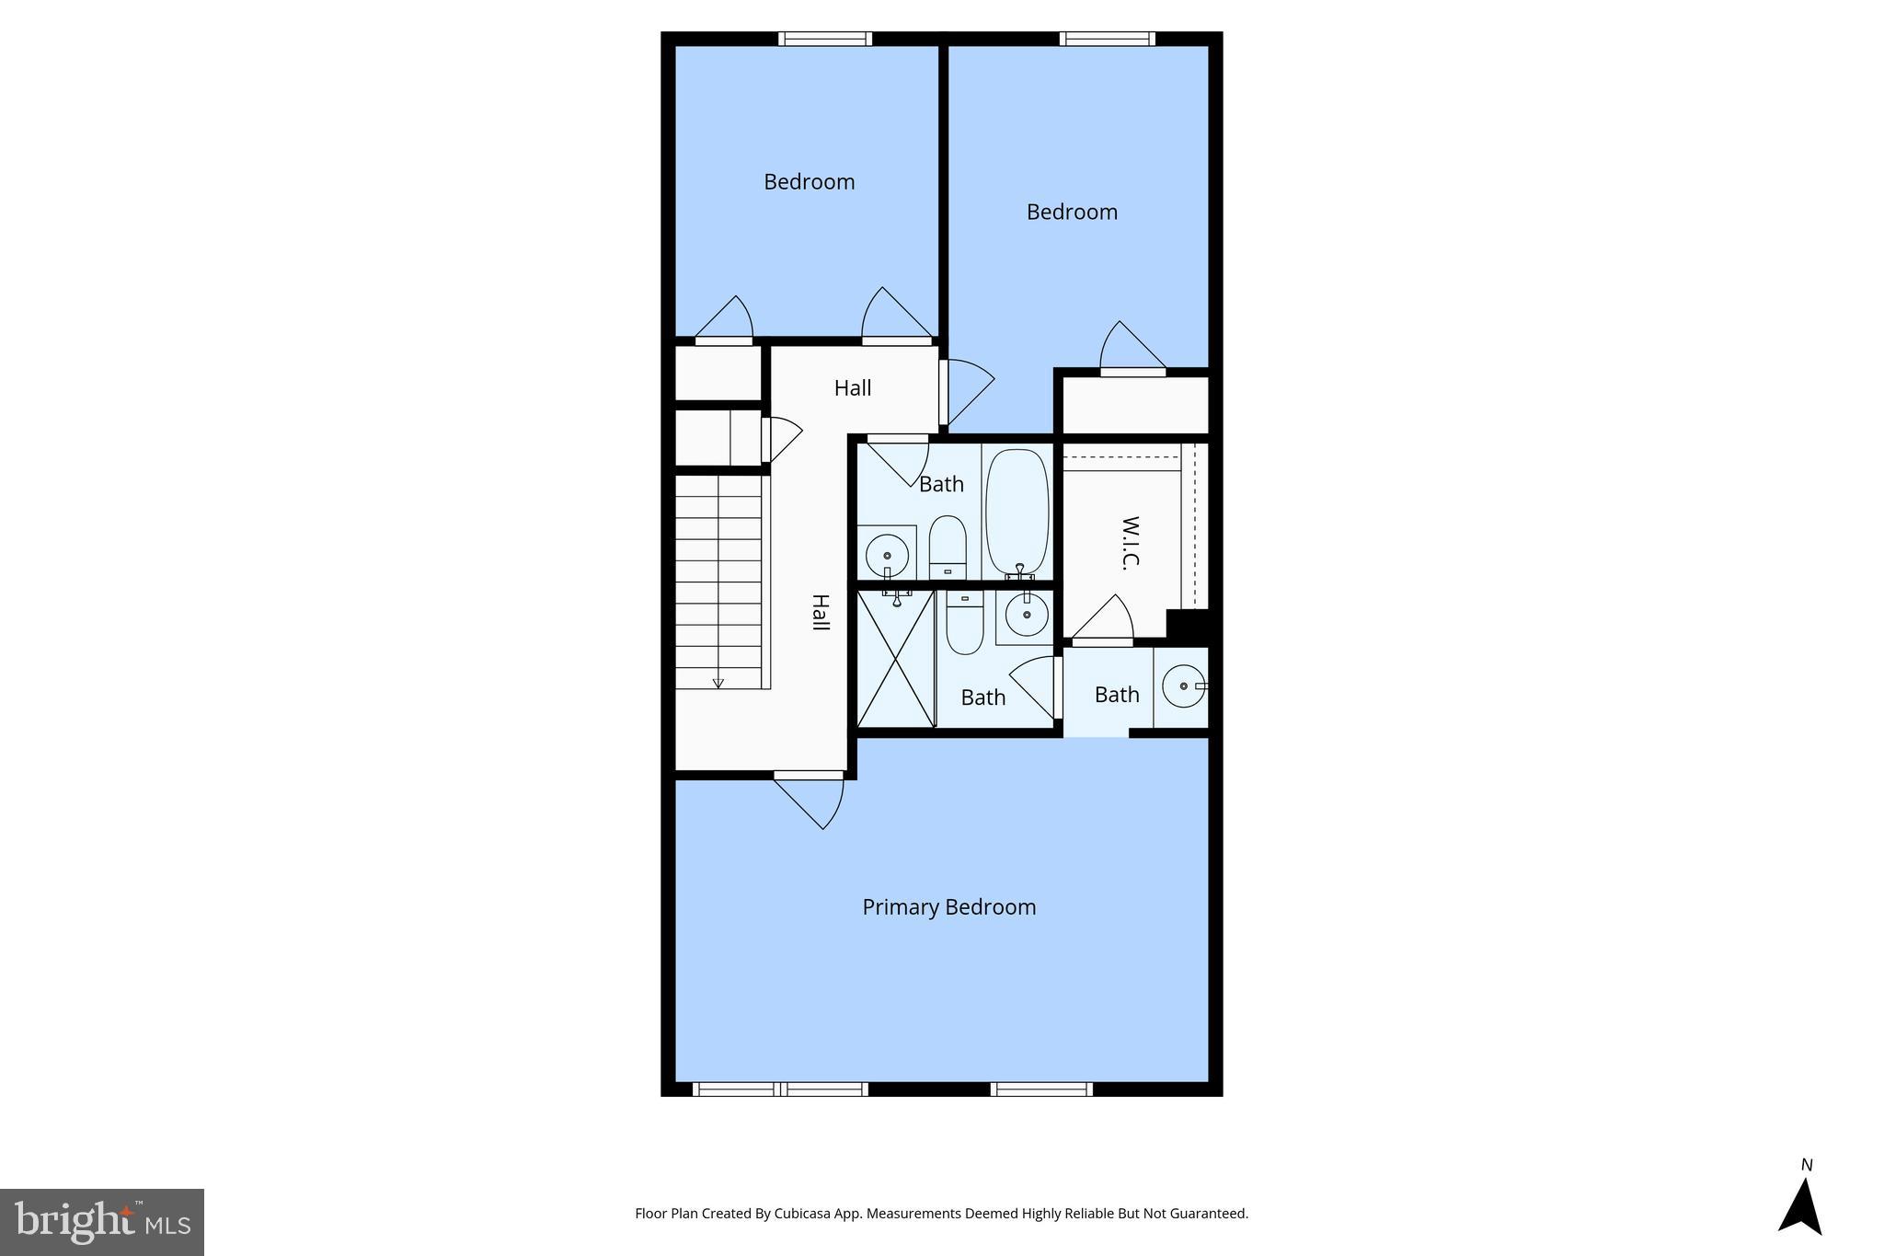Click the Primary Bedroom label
948,907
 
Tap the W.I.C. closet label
1131,543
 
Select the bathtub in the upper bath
1017,512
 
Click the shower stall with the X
896,660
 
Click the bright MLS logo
102,1222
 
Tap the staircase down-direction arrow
718,682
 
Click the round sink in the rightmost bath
1183,686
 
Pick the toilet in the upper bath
948,547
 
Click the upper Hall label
853,388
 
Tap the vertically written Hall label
820,613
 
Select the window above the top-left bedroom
824,39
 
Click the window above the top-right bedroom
1107,39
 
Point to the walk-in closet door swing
1104,618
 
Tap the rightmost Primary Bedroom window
1041,1089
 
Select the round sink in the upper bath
887,556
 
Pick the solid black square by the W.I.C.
1187,626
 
